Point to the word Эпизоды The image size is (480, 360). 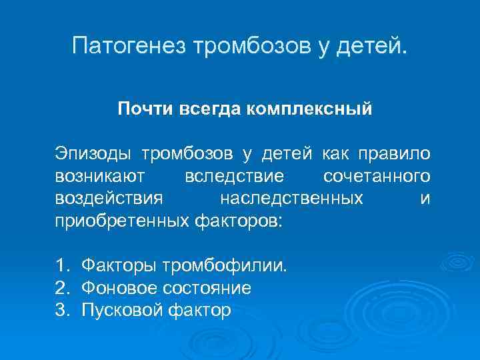coord(93,154)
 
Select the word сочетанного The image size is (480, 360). coord(376,176)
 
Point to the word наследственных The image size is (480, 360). coord(291,198)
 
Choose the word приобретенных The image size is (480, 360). coord(121,220)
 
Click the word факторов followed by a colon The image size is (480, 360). coord(238,220)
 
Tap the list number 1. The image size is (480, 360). coord(63,267)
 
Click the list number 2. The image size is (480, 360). coord(63,288)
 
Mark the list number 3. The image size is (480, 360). coord(63,310)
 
